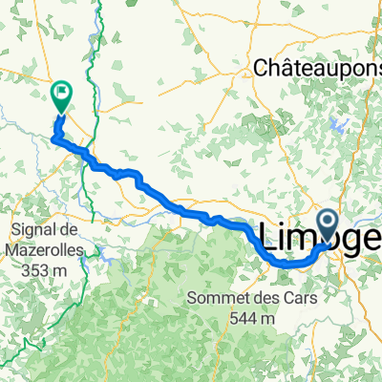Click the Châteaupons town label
pos(318,68)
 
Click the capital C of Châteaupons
pos(262,68)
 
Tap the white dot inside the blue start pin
pos(329,223)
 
